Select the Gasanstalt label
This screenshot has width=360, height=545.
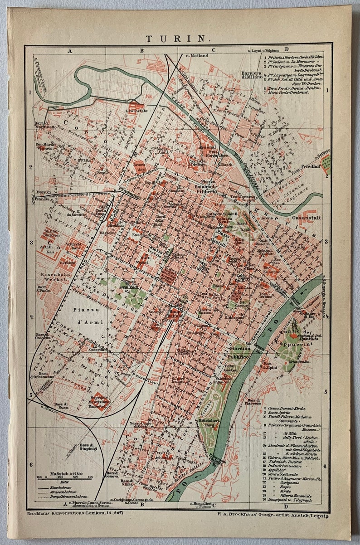click(x=306, y=218)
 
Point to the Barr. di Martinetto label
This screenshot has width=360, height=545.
click(x=47, y=126)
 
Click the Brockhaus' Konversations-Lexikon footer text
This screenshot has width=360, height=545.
click(x=73, y=513)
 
